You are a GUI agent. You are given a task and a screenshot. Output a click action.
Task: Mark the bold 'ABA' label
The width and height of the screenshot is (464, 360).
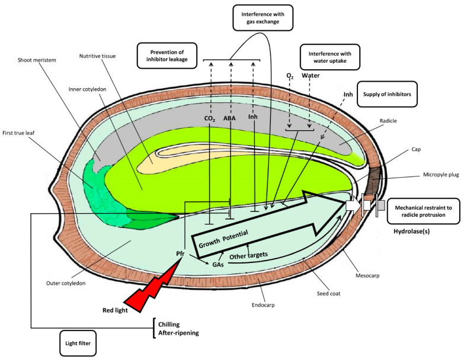[230, 117]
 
